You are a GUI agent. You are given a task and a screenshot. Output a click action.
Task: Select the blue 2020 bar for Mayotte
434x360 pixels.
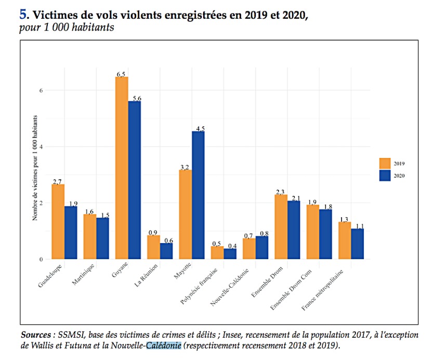point(198,195)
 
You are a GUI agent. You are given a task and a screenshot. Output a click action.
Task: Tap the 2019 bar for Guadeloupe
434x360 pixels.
point(58,221)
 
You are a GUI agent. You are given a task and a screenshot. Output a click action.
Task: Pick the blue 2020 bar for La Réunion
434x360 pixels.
point(166,250)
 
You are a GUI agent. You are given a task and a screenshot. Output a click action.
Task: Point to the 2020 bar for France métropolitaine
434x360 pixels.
point(357,243)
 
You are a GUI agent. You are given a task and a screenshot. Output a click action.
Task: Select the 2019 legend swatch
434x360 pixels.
point(385,163)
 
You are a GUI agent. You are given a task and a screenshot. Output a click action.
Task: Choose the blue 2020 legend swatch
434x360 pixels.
point(385,176)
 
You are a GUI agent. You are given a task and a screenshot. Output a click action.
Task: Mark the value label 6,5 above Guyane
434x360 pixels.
point(122,74)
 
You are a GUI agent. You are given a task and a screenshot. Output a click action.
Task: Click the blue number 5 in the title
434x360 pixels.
point(23,15)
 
